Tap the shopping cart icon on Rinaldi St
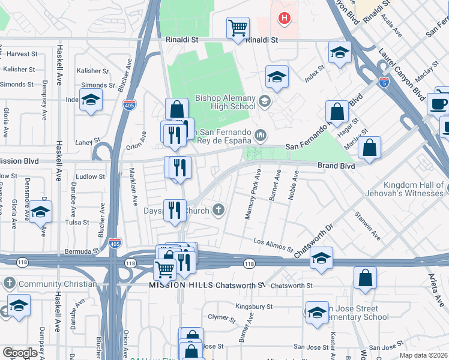coord(238,28)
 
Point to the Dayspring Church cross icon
coord(220,210)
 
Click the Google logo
coord(19,353)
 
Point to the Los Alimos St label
coord(273,244)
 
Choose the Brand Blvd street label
coord(336,165)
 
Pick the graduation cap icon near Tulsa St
coord(41,212)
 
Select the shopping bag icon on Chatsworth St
coord(365,279)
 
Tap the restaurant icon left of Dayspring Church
coord(175,210)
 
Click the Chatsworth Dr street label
coord(313,241)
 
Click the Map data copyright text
coord(423,354)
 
